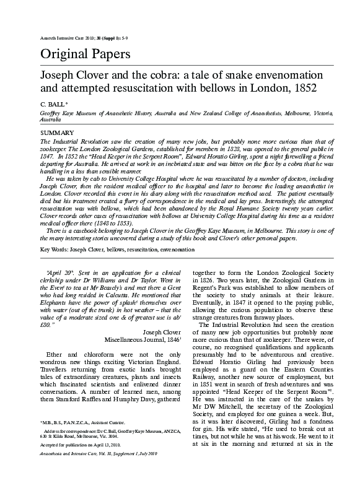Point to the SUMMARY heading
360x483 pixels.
click(x=56, y=133)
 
